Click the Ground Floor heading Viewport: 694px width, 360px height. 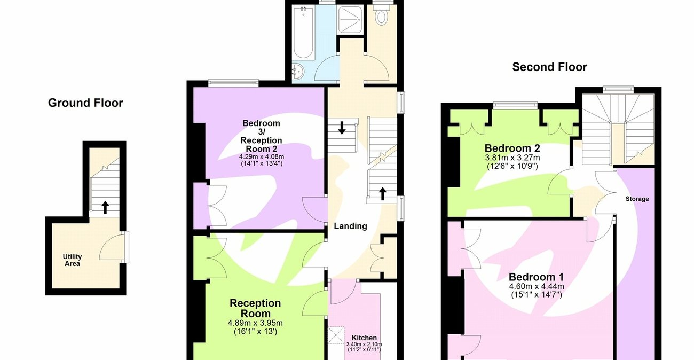coord(85,103)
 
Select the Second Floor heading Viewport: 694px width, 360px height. coord(549,67)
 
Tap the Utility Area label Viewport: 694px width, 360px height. coord(72,260)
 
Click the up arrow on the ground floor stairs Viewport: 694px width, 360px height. coord(105,207)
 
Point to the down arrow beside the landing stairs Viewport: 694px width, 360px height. coord(342,128)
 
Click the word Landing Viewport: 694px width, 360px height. coord(350,226)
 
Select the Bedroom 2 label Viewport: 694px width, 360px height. coord(511,148)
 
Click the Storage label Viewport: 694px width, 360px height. coord(637,199)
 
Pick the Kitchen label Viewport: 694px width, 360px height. coord(364,338)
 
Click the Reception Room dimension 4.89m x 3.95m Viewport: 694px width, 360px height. coord(255,323)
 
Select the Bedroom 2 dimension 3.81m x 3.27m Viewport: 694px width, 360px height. coord(512,158)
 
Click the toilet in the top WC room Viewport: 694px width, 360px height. coord(382,18)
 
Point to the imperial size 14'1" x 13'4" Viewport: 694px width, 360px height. coord(261,163)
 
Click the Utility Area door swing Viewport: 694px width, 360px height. coord(113,247)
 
